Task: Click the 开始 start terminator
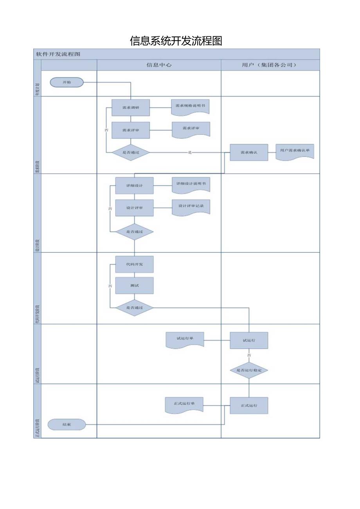coord(67,82)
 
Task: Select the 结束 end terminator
coord(67,424)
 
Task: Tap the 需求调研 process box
coord(131,108)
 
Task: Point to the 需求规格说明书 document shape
coord(190,106)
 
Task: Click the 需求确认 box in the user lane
coord(249,152)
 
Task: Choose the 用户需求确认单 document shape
coord(295,151)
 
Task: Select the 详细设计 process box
coord(134,185)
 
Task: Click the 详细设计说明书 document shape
coord(191,184)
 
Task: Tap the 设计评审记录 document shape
coord(191,207)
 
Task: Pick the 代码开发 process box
coord(134,264)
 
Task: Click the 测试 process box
coord(134,286)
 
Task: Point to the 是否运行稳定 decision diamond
coord(249,370)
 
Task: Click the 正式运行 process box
coord(249,406)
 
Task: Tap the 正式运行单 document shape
coord(184,405)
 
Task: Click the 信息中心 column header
coord(159,65)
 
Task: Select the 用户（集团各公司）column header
coord(270,65)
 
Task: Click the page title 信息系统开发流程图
coord(176,41)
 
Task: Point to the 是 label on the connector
coord(190,153)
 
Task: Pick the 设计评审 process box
coord(134,208)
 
